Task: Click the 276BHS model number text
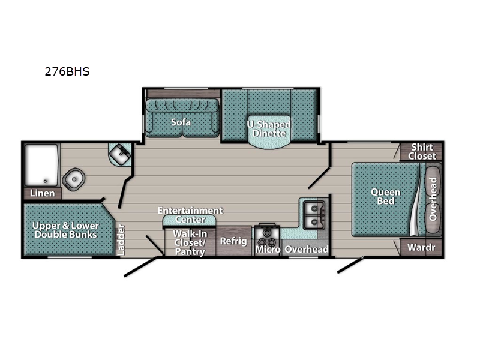(67, 71)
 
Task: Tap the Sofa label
(181, 122)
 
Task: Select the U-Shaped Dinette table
(269, 132)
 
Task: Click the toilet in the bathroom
(73, 179)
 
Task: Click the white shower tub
(41, 165)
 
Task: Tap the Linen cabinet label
(42, 193)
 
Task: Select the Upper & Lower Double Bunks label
(65, 230)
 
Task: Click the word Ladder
(121, 240)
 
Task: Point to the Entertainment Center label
(190, 215)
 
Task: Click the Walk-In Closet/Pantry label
(190, 242)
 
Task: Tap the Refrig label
(233, 241)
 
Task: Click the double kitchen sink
(314, 215)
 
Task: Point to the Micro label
(268, 250)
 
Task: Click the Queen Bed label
(385, 197)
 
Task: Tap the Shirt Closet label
(422, 152)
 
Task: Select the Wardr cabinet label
(421, 247)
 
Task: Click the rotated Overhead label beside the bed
(433, 199)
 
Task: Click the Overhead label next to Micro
(307, 250)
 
